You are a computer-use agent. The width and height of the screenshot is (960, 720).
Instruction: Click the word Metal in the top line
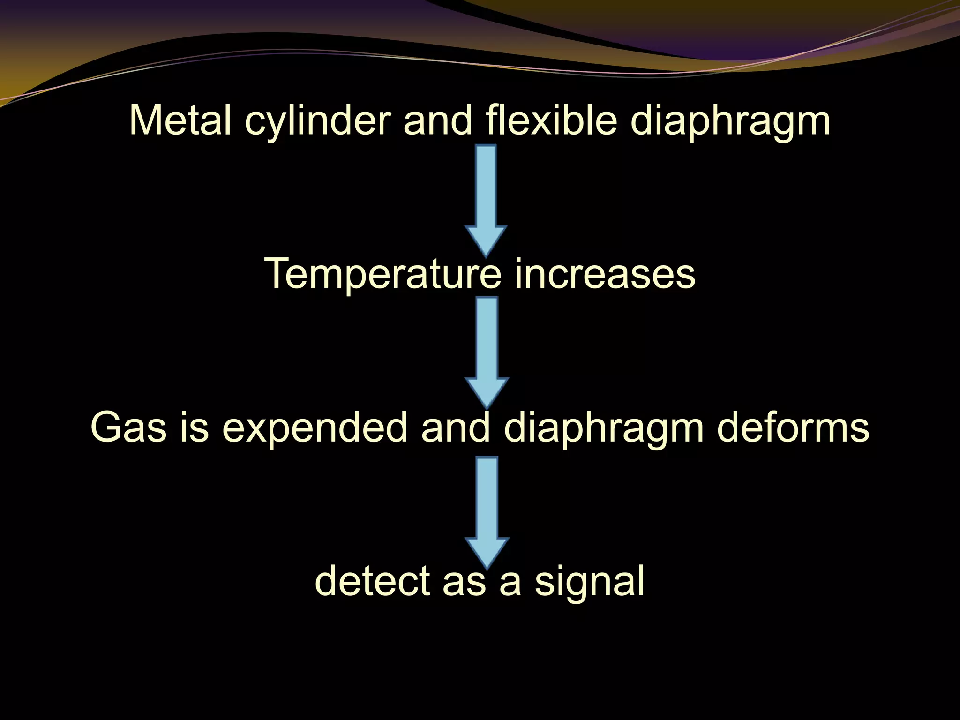coord(180,120)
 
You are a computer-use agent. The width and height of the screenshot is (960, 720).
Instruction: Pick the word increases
coord(605,274)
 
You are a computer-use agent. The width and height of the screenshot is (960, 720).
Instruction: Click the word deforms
coord(793,427)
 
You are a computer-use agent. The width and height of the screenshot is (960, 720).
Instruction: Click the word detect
coord(372,581)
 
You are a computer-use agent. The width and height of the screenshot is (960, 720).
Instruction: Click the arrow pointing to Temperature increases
coord(486,199)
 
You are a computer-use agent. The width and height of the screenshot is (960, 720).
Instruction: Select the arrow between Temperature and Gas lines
coord(487,352)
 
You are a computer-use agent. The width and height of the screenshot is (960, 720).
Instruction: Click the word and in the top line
coord(438,120)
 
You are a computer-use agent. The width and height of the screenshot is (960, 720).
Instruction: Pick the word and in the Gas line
coord(456,427)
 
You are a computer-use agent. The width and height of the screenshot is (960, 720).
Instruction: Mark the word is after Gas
coord(194,427)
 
